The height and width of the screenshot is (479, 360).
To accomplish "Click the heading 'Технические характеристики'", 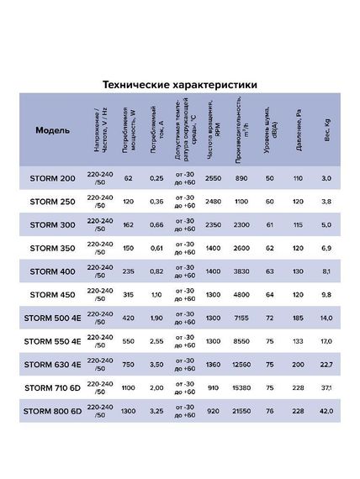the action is (179, 85).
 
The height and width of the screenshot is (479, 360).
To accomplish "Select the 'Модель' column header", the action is (54, 131).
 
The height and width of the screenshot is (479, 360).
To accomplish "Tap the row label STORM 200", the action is (54, 179).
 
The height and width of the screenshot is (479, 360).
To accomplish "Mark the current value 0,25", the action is (156, 179).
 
